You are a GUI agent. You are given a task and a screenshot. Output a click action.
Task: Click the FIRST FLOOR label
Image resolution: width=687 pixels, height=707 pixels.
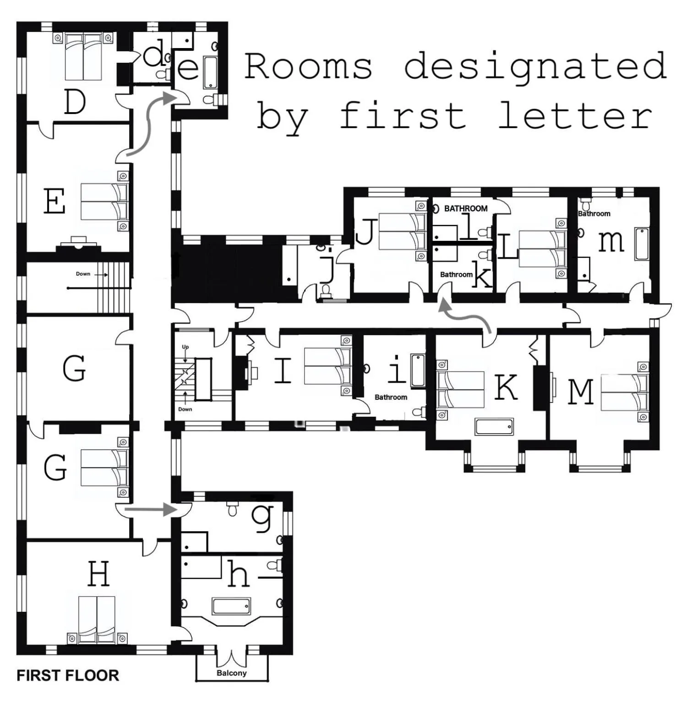[68, 675]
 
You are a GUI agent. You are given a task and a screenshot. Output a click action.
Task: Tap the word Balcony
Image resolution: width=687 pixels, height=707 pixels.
[231, 673]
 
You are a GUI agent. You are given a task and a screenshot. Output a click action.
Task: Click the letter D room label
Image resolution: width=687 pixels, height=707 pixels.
[75, 102]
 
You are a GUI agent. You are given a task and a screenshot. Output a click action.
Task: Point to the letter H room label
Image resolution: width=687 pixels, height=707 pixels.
[98, 574]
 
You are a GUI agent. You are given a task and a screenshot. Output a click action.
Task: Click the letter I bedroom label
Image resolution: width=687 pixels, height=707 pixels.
[283, 370]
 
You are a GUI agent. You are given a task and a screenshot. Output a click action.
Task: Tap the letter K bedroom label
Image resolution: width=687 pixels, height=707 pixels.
[506, 387]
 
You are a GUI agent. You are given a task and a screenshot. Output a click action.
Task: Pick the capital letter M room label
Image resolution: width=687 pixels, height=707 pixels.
[581, 392]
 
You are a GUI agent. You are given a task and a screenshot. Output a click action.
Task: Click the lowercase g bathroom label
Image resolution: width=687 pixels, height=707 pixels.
[263, 518]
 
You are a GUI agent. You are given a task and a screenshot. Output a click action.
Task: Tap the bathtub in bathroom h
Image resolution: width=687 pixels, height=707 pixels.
[231, 606]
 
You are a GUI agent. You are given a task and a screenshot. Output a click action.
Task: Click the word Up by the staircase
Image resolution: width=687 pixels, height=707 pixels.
[185, 347]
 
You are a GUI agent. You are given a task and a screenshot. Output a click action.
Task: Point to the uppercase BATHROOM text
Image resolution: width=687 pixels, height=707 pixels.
[465, 209]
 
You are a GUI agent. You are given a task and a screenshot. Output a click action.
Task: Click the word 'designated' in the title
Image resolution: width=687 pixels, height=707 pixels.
[535, 67]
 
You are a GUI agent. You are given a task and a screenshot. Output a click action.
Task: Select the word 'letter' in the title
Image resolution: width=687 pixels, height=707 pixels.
[575, 115]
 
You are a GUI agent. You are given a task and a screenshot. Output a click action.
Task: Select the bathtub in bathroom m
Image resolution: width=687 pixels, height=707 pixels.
[641, 244]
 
